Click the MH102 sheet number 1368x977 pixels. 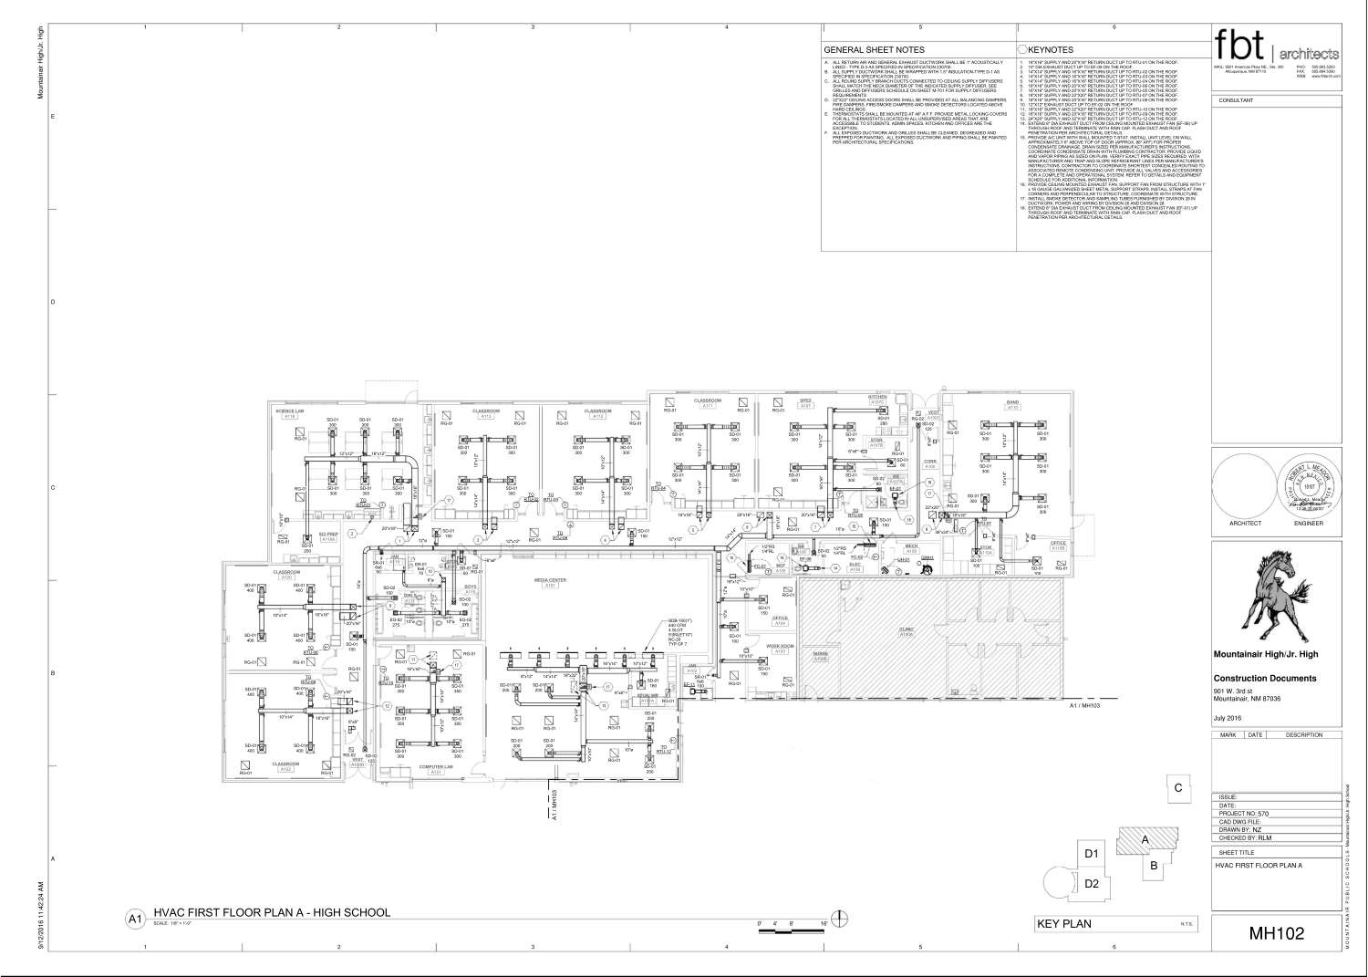[x=1276, y=933]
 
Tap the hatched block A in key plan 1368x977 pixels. [x=1145, y=839]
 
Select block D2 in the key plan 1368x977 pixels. [x=1092, y=883]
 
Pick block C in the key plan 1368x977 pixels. [x=1178, y=787]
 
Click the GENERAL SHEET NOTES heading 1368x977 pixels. [x=874, y=50]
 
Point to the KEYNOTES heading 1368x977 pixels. [x=1050, y=50]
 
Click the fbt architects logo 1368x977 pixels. [x=1276, y=45]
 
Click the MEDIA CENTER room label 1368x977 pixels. [x=550, y=580]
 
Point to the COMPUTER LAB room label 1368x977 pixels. [x=436, y=767]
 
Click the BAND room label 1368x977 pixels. [x=1011, y=401]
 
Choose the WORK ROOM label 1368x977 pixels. [x=776, y=646]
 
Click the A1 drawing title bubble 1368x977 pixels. [x=135, y=919]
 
